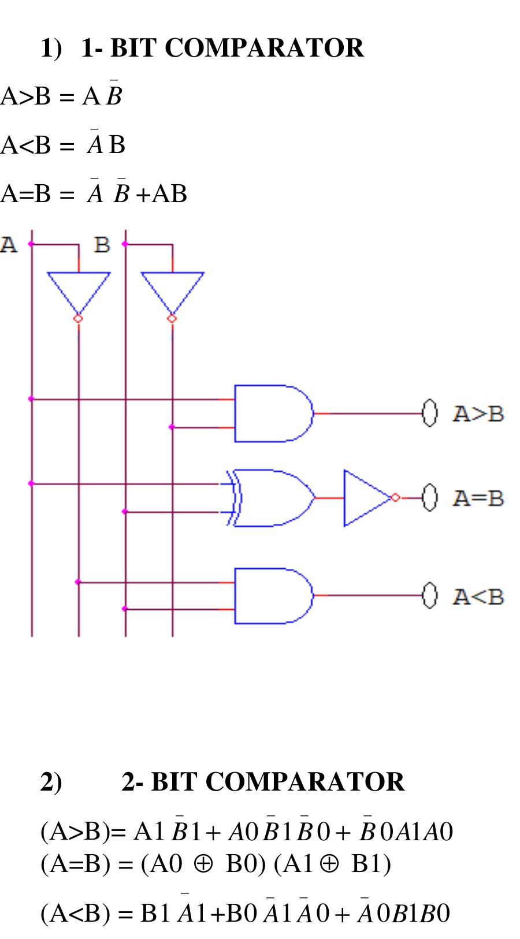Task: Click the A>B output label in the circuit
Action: pos(478,414)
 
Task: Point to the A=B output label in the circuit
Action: pos(478,498)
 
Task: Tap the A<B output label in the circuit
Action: pos(478,596)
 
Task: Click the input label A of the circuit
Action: pos(9,245)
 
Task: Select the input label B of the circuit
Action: pos(102,245)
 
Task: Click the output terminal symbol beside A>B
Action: pos(428,413)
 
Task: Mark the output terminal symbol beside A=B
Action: pos(428,497)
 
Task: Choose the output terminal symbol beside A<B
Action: pos(428,595)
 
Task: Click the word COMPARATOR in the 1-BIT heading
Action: pos(264,48)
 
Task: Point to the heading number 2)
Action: pos(51,782)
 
